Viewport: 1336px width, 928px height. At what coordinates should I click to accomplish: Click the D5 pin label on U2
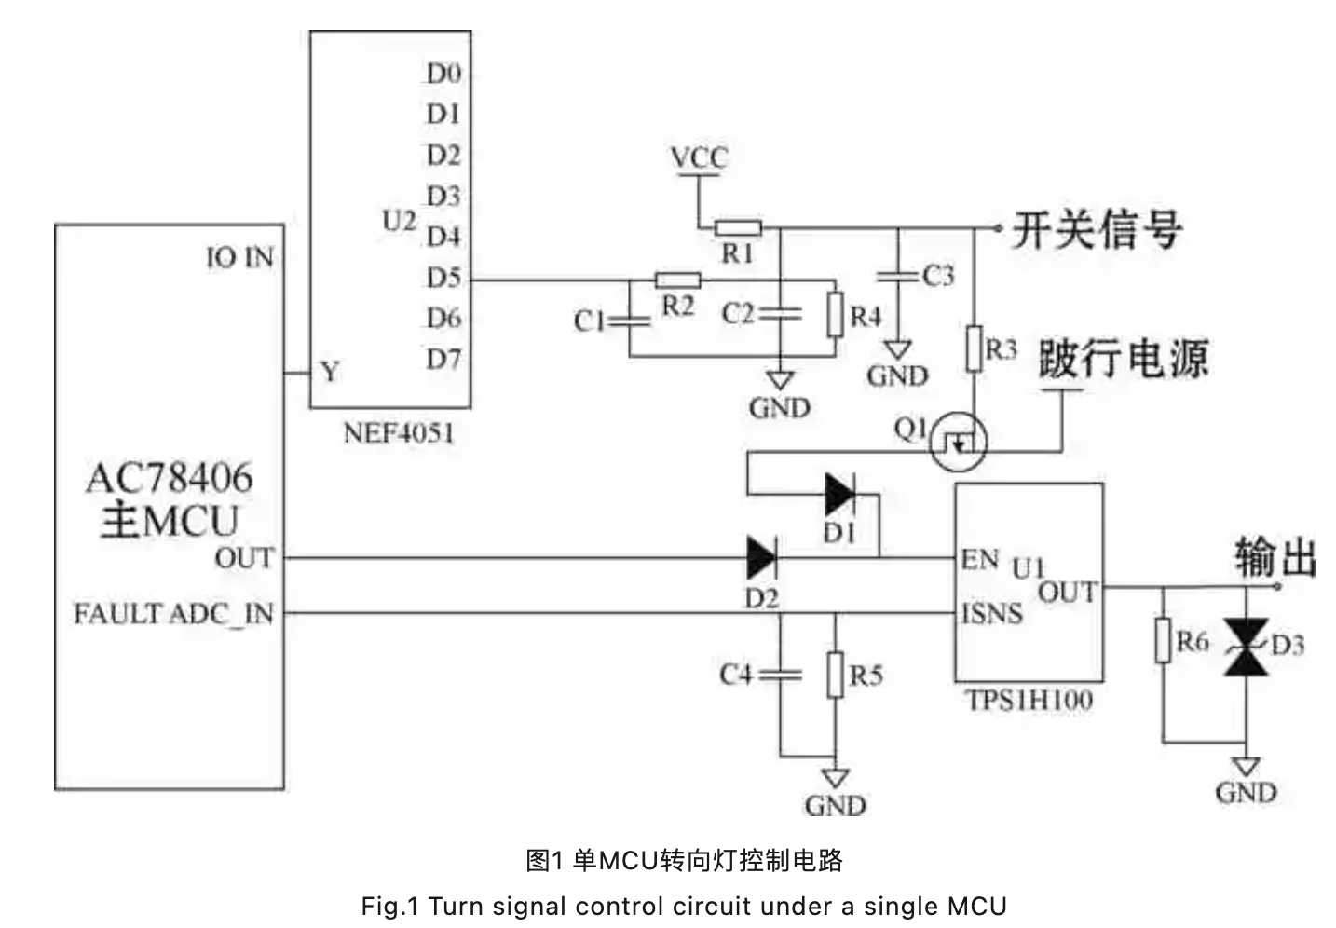point(443,278)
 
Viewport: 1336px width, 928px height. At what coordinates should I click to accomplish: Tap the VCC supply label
point(698,157)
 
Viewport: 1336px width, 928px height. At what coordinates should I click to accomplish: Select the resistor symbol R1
point(738,227)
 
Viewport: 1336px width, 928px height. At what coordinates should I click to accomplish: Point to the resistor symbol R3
point(975,348)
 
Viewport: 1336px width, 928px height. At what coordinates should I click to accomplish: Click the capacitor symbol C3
point(898,276)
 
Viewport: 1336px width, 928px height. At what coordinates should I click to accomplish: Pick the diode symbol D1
point(840,494)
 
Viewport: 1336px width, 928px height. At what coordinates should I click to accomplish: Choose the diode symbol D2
point(761,558)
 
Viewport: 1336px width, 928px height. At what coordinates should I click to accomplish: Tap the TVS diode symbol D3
point(1246,645)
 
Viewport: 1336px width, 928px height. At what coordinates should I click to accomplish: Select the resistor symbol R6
point(1163,641)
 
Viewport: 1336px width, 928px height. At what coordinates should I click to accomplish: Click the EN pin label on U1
point(979,559)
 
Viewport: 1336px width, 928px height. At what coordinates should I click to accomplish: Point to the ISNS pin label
point(991,613)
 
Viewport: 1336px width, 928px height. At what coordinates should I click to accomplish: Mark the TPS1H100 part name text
point(1029,700)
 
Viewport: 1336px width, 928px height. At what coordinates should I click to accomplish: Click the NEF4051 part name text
point(399,433)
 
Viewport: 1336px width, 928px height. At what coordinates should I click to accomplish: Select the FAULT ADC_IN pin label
point(173,614)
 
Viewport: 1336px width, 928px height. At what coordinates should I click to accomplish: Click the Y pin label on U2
point(330,373)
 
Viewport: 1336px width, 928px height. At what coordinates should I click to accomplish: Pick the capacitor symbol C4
point(781,674)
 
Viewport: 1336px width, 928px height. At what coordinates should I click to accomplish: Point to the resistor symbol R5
point(836,675)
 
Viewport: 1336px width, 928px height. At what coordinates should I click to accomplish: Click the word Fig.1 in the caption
point(390,906)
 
